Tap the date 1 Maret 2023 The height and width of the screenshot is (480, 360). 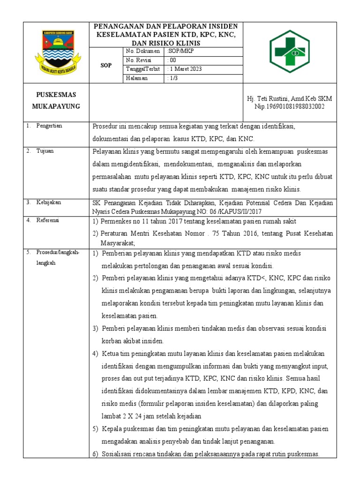(x=186, y=69)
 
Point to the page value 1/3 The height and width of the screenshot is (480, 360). (x=172, y=78)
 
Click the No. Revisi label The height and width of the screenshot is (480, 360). (x=137, y=60)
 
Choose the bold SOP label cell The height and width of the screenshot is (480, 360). (x=106, y=65)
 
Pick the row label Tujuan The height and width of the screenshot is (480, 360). (x=46, y=151)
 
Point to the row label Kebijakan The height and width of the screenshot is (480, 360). (x=50, y=202)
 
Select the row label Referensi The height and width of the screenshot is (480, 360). (x=50, y=219)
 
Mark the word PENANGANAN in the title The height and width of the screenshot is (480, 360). (x=117, y=26)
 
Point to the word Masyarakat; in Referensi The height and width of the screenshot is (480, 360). (x=118, y=243)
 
